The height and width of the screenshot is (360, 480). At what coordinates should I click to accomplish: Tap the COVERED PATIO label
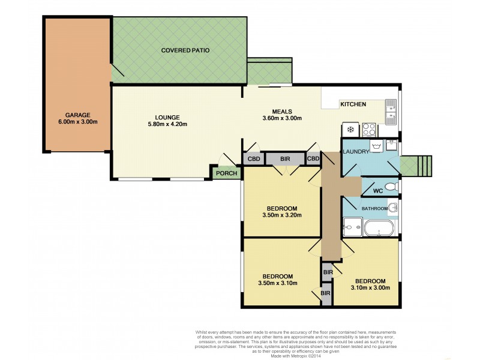pyautogui.click(x=185, y=50)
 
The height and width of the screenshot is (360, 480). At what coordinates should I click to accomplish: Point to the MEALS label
pyautogui.click(x=282, y=111)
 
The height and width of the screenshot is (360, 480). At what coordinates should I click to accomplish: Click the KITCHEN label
pyautogui.click(x=353, y=104)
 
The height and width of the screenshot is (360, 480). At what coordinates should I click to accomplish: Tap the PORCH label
pyautogui.click(x=227, y=174)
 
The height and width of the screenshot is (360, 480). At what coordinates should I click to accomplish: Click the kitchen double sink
pyautogui.click(x=391, y=112)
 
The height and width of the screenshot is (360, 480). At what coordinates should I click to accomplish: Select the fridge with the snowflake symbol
pyautogui.click(x=349, y=128)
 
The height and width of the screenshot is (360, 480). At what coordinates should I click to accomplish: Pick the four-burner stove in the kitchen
pyautogui.click(x=367, y=128)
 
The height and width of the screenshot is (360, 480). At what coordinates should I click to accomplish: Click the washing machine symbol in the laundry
pyautogui.click(x=376, y=146)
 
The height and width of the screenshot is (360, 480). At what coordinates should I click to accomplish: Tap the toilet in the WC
pyautogui.click(x=391, y=187)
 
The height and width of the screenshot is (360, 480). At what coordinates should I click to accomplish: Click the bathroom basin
pyautogui.click(x=392, y=208)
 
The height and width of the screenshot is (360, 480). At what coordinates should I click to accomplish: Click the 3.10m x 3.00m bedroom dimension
pyautogui.click(x=370, y=288)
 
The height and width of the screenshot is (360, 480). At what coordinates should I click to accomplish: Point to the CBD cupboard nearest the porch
pyautogui.click(x=251, y=159)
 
